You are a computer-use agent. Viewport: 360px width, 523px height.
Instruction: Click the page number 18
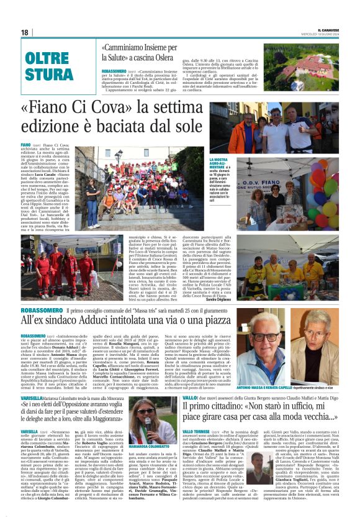pyautogui.click(x=25, y=32)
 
